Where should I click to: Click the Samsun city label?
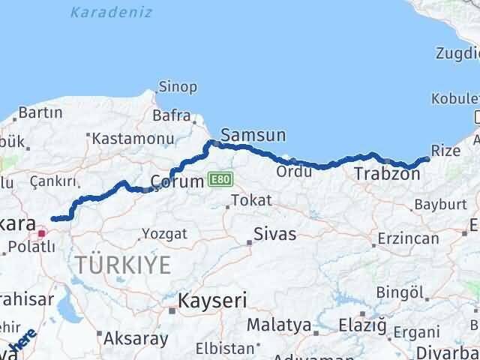click(253, 136)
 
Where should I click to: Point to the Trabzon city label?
click(386, 174)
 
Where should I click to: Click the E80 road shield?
click(220, 181)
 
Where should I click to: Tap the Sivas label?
click(275, 233)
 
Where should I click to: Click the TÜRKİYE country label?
click(122, 264)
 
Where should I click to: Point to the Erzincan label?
click(409, 238)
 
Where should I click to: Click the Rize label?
click(446, 151)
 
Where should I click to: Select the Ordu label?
click(289, 171)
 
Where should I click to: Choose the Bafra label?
click(167, 116)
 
